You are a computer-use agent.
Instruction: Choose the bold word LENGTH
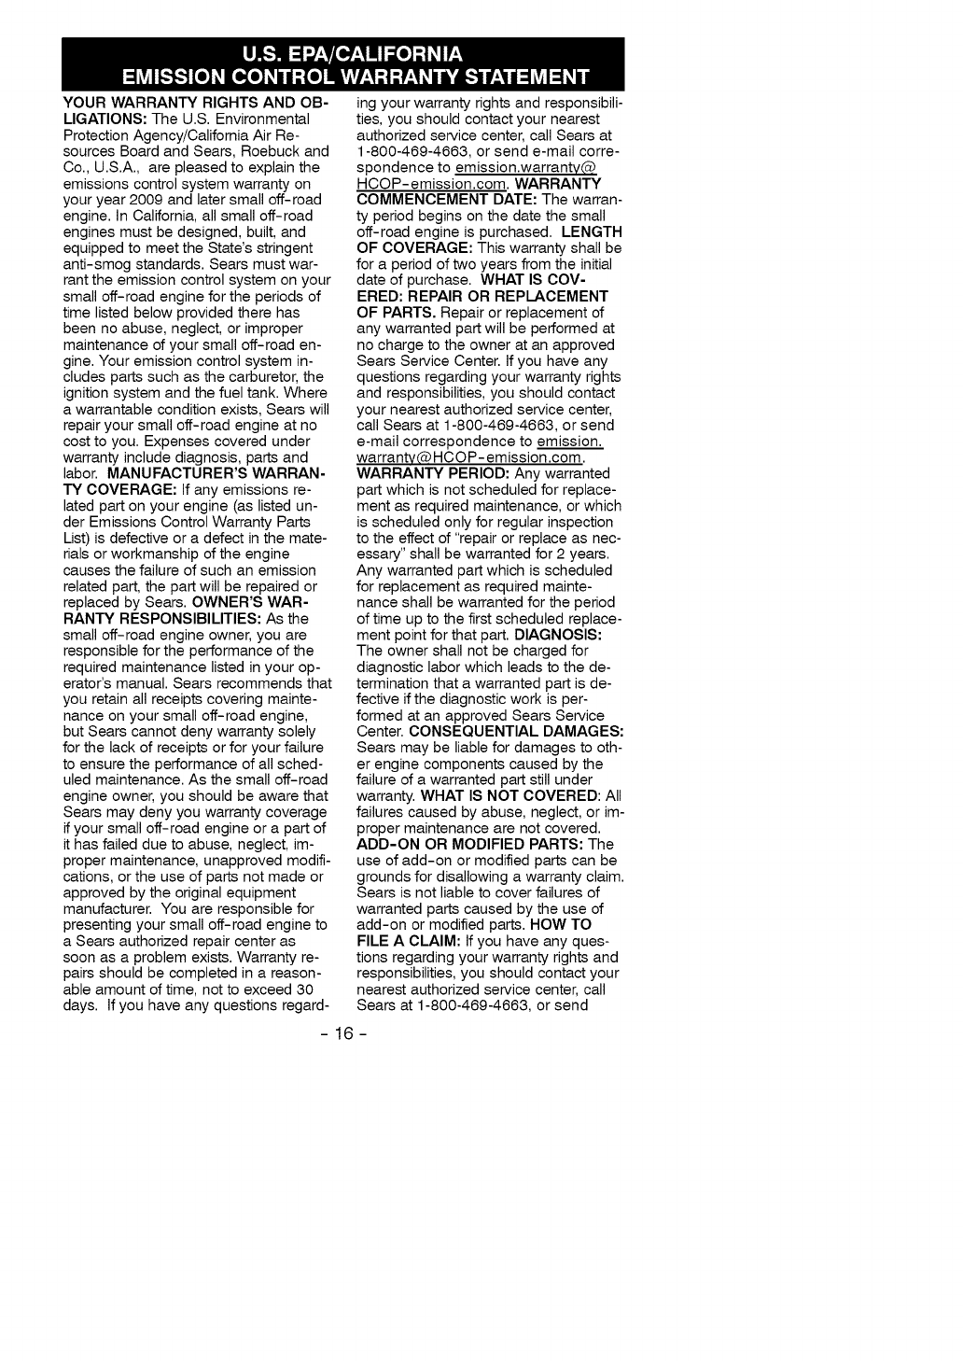pyautogui.click(x=585, y=232)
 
